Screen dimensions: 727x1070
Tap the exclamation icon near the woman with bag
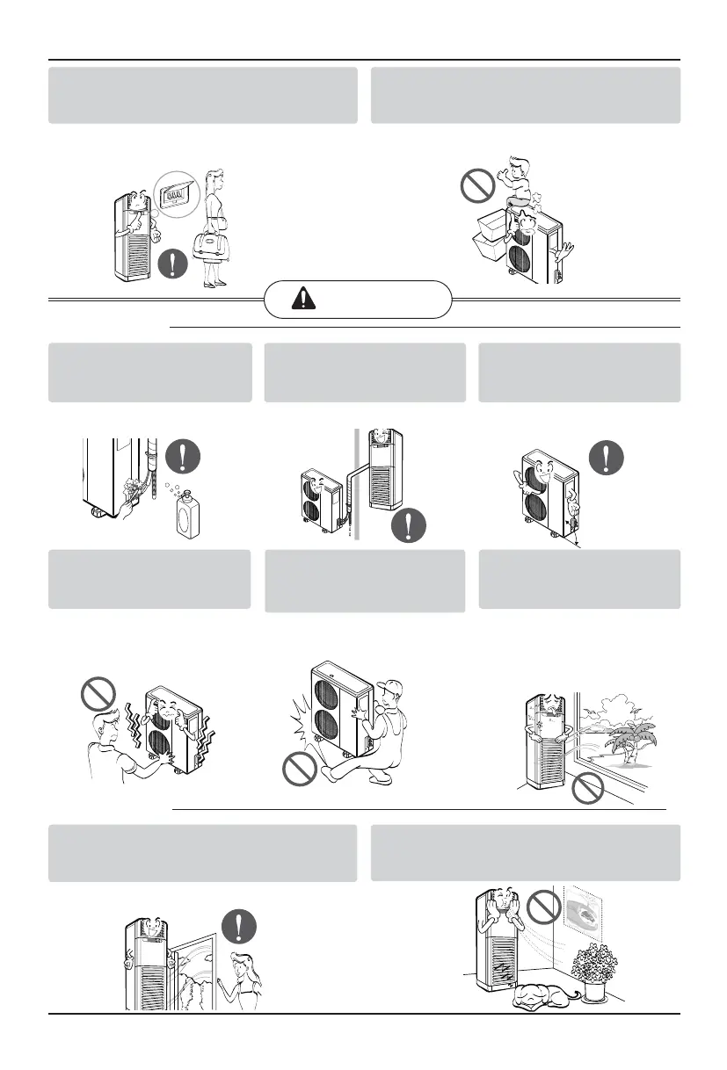coord(173,264)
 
